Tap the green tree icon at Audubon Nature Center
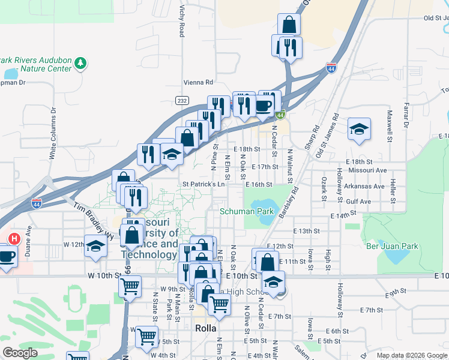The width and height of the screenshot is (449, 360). pos(81,62)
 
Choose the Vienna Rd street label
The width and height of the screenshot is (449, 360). pos(198,82)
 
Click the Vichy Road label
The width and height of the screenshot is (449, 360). pos(182,21)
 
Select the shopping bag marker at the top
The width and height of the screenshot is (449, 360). pos(289,25)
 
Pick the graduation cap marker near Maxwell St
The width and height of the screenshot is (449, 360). pos(359,129)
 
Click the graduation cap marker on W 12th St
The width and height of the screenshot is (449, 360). pos(95,246)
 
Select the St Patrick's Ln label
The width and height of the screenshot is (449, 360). pos(203,184)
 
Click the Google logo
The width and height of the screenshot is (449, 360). pos(20,353)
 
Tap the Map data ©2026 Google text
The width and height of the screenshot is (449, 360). pos(411,355)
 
